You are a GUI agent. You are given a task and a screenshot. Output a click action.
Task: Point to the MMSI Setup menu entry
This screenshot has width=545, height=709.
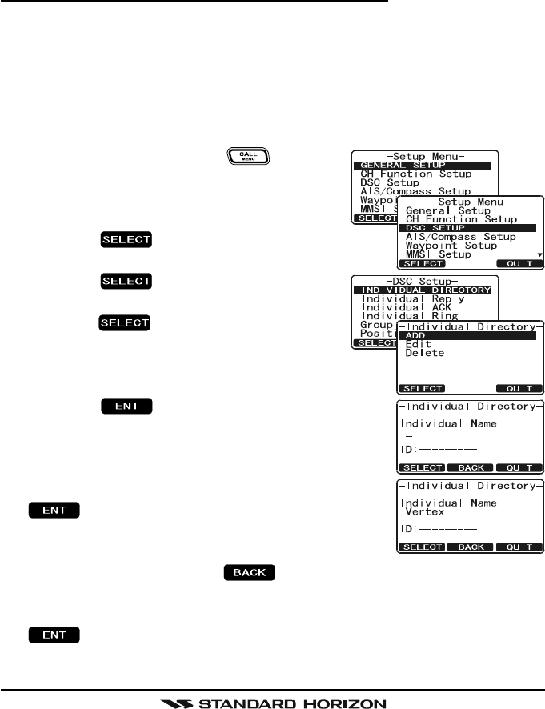click(441, 255)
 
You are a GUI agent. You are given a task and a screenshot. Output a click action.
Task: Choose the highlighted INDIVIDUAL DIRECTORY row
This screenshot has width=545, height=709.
click(425, 290)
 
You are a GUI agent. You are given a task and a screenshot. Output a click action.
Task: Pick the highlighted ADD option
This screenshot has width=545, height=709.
click(416, 335)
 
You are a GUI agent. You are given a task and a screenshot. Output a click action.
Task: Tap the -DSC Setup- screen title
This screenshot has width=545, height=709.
click(425, 280)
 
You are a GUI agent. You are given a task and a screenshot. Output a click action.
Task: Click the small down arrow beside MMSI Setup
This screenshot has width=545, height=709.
click(539, 255)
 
